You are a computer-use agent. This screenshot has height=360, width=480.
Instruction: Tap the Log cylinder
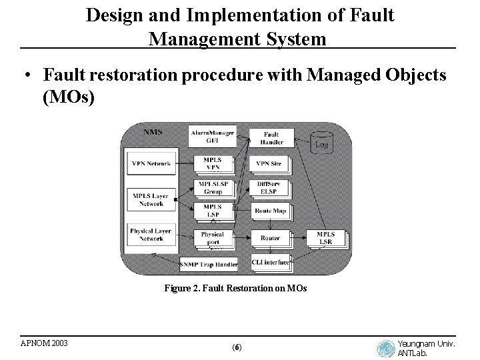click(x=321, y=142)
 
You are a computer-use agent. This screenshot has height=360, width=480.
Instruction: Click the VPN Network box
click(x=151, y=164)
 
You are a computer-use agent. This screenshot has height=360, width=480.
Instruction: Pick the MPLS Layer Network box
click(x=151, y=199)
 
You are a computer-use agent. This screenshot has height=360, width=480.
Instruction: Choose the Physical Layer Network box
click(x=151, y=235)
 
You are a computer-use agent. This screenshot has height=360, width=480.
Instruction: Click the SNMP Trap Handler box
click(x=209, y=264)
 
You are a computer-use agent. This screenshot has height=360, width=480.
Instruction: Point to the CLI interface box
click(x=270, y=262)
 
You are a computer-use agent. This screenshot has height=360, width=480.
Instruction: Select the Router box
click(x=269, y=237)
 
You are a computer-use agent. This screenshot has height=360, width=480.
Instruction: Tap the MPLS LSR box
click(x=325, y=238)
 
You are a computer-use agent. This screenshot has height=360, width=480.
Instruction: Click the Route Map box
click(x=269, y=211)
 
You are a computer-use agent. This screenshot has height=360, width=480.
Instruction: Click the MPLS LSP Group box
click(x=212, y=187)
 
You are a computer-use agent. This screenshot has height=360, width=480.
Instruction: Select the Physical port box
click(x=212, y=238)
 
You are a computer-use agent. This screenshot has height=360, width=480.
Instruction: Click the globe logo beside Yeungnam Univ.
click(x=385, y=349)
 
